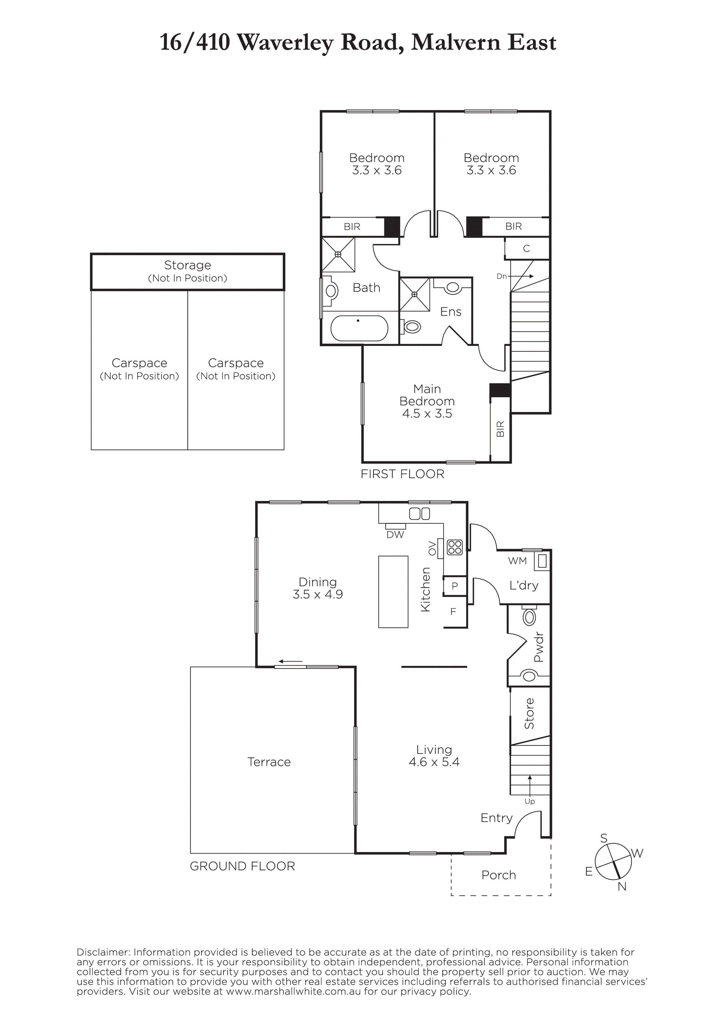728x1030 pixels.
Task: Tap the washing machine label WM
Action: [x=517, y=561]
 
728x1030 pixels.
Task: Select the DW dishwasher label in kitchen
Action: [x=395, y=535]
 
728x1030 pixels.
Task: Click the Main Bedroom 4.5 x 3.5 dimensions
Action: [x=427, y=414]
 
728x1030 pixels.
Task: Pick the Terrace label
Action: [x=269, y=762]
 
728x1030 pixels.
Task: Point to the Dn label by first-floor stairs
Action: [x=502, y=276]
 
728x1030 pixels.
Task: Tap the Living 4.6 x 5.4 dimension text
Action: [x=434, y=762]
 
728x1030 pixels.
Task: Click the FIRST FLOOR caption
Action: [x=402, y=474]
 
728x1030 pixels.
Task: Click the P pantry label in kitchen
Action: [x=454, y=586]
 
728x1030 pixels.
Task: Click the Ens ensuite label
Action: [x=451, y=312]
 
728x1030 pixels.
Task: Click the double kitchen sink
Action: [x=419, y=514]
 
